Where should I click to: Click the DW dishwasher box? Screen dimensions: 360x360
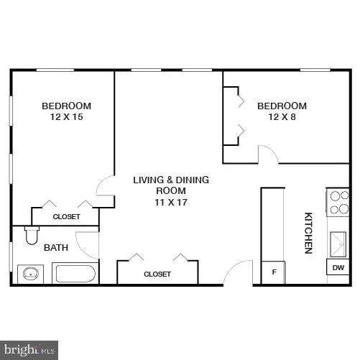click(338, 267)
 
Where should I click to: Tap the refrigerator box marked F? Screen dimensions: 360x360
click(273, 272)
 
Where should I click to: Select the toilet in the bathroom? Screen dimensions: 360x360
click(30, 235)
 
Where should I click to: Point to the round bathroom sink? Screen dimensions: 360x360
click(30, 274)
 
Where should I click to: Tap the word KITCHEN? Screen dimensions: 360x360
click(308, 232)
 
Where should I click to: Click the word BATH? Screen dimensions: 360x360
click(56, 248)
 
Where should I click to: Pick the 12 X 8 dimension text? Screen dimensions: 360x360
click(282, 117)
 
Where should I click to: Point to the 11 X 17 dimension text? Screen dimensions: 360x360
click(171, 203)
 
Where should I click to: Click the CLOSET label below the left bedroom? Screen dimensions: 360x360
click(66, 216)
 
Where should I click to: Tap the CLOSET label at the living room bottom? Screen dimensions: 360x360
click(157, 274)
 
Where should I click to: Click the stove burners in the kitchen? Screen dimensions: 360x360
click(338, 203)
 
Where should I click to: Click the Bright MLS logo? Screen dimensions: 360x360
click(29, 350)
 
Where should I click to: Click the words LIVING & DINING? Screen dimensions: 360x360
click(171, 180)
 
